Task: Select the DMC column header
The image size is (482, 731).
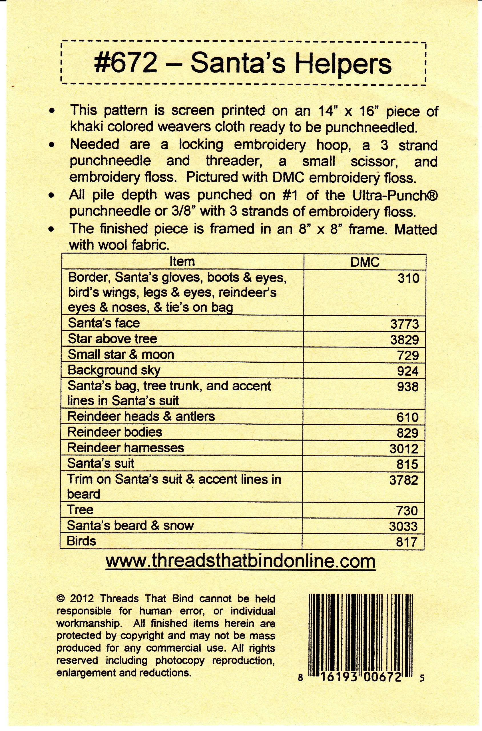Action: coord(365,262)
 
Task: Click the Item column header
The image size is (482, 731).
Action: coord(182,262)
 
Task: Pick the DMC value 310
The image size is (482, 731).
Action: coord(408,278)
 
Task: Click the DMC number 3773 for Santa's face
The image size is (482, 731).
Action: coord(404,324)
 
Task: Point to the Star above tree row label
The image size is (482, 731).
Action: coord(113,339)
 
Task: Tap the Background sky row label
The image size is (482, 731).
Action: coord(114,370)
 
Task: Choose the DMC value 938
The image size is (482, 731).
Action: coord(407,387)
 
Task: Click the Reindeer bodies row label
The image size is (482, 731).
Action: coord(115,432)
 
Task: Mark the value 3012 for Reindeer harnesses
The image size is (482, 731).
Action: coord(404,449)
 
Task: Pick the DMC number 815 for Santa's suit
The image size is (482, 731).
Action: coord(407,465)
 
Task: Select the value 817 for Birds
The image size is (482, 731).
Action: coord(407,542)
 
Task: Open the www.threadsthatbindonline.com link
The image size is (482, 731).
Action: coord(240,561)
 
